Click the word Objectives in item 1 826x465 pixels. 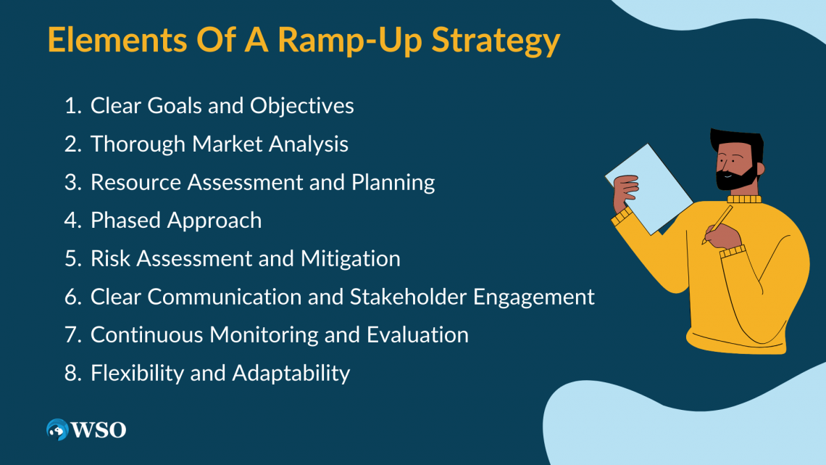(301, 106)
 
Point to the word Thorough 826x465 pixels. (138, 144)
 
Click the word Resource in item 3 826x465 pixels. (135, 182)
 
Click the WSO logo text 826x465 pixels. (99, 429)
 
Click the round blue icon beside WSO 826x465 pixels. (57, 429)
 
